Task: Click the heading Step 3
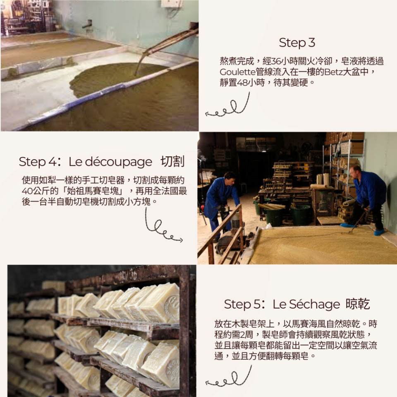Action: pos(297,43)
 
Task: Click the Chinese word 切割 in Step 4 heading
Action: pos(172,162)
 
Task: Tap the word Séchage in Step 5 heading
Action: pos(315,305)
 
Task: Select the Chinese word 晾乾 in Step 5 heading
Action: pos(358,305)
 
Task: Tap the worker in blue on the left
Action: pos(221,198)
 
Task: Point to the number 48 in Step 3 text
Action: pos(243,82)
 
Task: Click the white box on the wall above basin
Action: pos(172,3)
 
